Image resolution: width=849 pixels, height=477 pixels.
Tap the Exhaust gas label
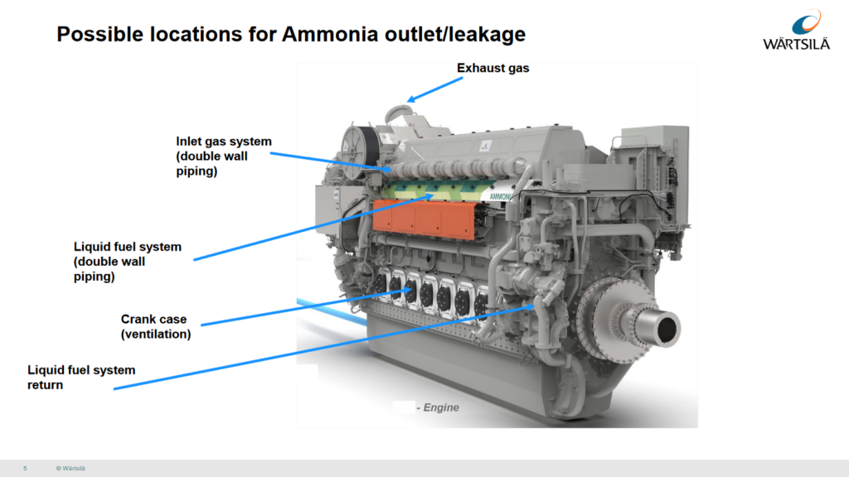click(492, 69)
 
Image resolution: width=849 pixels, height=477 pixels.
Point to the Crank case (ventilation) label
click(155, 326)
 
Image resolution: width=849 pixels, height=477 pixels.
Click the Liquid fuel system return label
click(81, 377)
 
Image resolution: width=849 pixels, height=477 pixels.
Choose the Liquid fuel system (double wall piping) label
click(127, 262)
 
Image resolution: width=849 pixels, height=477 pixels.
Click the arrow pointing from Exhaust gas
click(434, 89)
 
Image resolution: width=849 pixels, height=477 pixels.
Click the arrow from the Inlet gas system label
click(332, 160)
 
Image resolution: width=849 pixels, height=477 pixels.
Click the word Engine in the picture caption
click(441, 407)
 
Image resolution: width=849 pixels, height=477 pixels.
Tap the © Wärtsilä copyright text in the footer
click(70, 469)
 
